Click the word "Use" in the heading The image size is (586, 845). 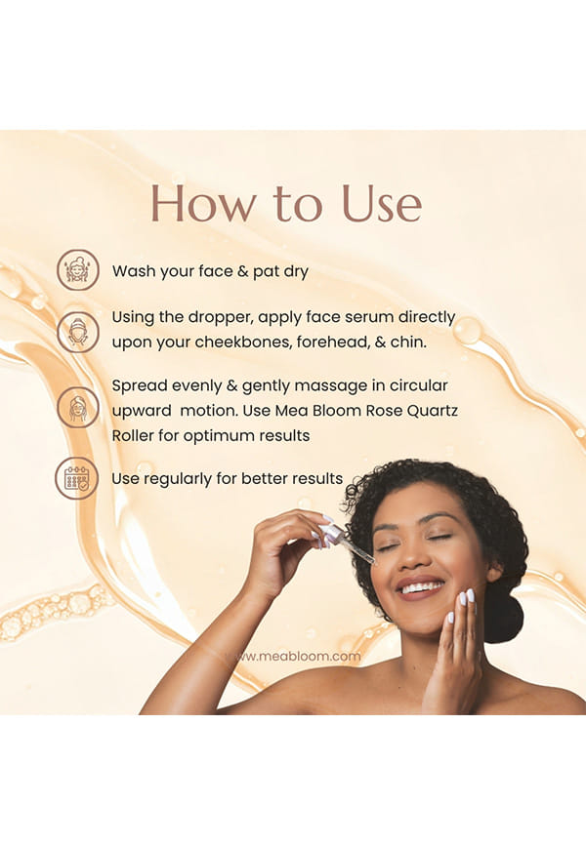click(x=382, y=203)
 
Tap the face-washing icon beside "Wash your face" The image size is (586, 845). click(x=78, y=270)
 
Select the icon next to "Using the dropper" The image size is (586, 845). click(x=78, y=332)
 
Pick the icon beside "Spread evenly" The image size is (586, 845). click(x=78, y=407)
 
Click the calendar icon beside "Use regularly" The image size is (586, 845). click(x=76, y=478)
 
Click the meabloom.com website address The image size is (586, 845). click(x=294, y=656)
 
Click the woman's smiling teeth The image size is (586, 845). click(x=421, y=586)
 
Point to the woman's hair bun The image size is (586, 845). click(x=502, y=616)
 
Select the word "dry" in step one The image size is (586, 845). click(x=296, y=271)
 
